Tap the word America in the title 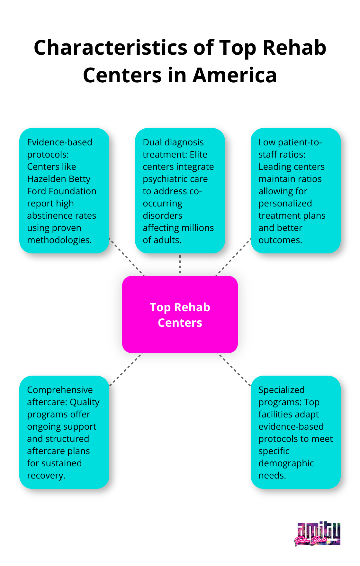(235, 75)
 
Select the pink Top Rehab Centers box (180, 315)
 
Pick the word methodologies (59, 240)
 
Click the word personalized (285, 204)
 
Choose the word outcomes (280, 240)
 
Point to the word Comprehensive (60, 390)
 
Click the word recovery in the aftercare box (46, 476)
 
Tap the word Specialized (281, 390)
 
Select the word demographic (286, 463)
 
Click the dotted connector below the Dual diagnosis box (180, 264)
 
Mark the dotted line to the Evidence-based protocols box (127, 257)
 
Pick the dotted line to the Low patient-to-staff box (233, 257)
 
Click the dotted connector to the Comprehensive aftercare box (126, 370)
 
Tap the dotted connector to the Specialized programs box (234, 370)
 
